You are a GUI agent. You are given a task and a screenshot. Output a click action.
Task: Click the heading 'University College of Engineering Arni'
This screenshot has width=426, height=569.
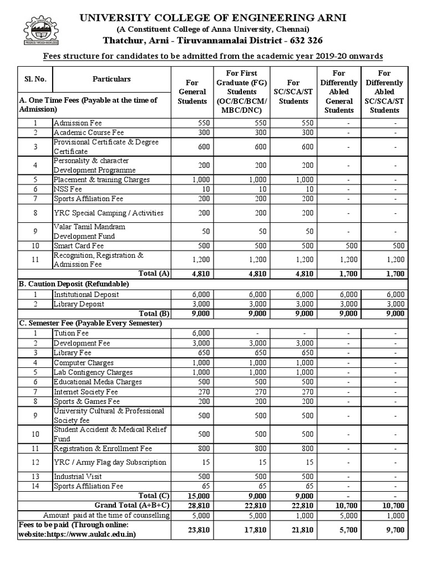213,18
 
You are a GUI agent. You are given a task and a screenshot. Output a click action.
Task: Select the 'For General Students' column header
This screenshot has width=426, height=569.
192,91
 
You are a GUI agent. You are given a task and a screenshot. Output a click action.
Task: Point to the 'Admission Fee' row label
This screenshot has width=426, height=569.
78,123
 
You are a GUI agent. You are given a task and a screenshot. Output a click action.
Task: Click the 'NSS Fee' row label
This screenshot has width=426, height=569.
68,189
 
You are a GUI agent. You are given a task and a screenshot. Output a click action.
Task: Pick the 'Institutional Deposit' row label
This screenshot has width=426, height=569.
85,295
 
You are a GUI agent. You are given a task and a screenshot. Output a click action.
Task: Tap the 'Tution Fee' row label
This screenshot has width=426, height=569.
71,333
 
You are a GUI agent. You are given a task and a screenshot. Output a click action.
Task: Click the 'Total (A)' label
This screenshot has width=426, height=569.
156,274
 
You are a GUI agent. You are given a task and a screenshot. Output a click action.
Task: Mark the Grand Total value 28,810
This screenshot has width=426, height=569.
197,505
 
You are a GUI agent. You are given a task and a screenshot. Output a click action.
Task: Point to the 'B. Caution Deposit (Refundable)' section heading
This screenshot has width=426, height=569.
74,284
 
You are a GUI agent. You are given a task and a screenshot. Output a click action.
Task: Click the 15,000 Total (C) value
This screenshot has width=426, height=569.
197,496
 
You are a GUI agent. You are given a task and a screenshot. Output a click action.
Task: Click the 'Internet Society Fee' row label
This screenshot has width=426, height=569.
86,391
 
